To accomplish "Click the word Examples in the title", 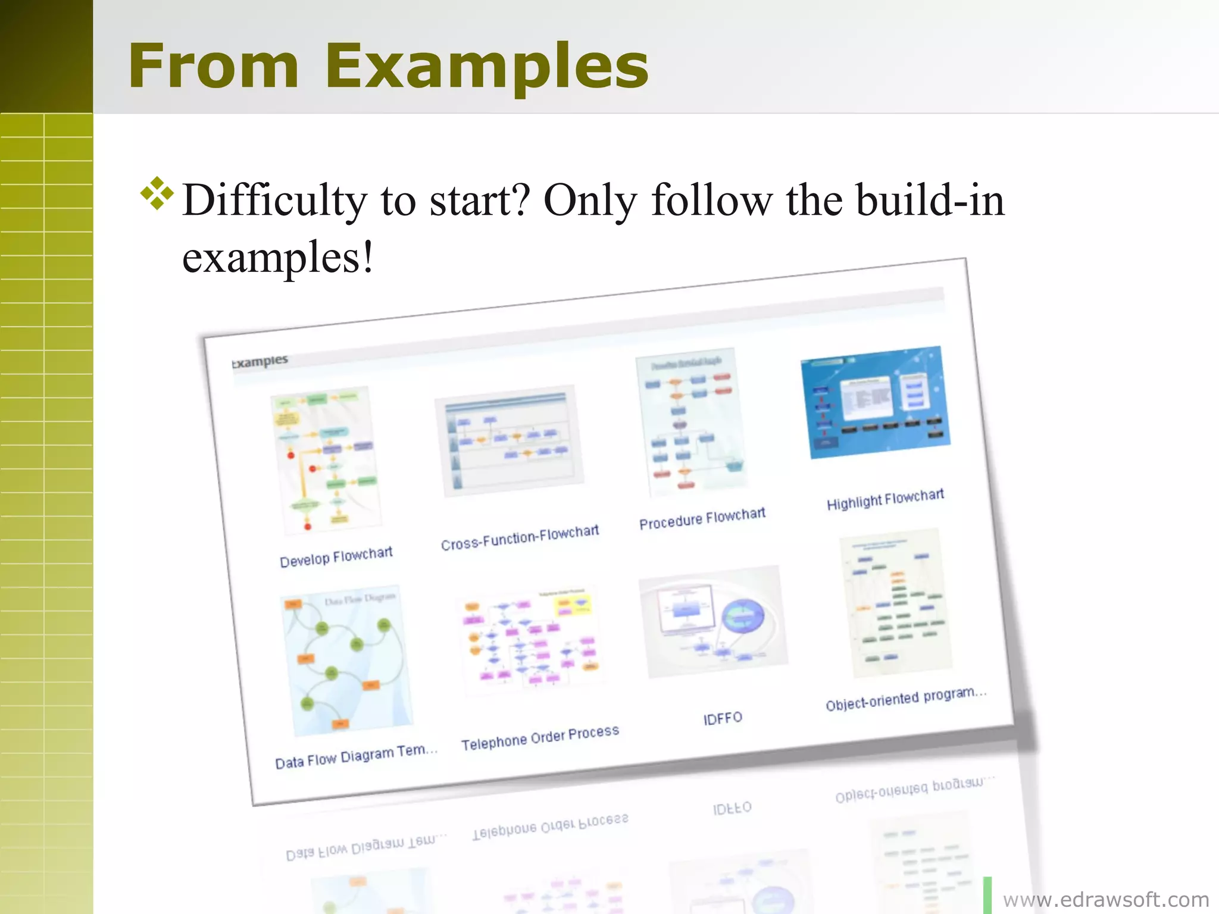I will (486, 67).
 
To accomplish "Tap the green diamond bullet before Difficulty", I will (157, 193).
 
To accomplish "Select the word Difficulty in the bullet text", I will (275, 201).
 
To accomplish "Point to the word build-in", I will (930, 201).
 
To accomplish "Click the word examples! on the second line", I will (277, 258).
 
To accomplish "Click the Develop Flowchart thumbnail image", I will (326, 461).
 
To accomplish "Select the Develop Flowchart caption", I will (336, 557).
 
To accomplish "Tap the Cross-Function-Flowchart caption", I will (520, 537).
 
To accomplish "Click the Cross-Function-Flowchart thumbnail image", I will (510, 440).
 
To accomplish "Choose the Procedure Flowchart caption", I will (702, 518).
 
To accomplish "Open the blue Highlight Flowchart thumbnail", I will (876, 402).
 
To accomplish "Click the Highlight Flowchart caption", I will (885, 499).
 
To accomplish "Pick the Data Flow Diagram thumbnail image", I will (347, 661).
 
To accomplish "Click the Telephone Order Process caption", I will (540, 738).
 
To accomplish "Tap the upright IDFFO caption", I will (723, 718).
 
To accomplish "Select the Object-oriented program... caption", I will (905, 699).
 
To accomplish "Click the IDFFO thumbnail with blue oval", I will (713, 621).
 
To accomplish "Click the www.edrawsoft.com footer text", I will (1106, 899).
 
